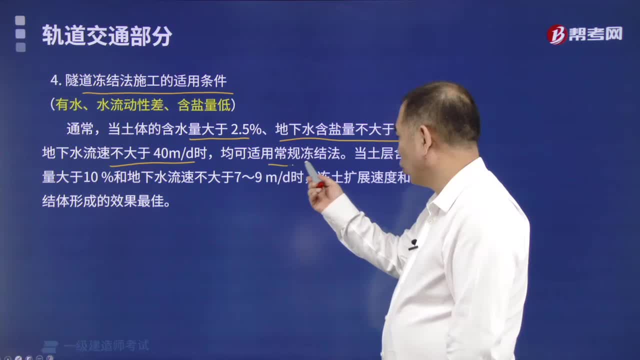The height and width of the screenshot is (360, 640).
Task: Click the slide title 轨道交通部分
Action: (107, 36)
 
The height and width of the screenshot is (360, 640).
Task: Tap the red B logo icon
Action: (556, 34)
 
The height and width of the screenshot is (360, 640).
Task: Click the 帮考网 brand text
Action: (595, 34)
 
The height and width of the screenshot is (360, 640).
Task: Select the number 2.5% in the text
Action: (246, 129)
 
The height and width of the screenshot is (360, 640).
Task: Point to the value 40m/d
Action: (173, 153)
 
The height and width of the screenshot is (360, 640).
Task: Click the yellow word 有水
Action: (67, 104)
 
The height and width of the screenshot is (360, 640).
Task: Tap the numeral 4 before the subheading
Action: (53, 81)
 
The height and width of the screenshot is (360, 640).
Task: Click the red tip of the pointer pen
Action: (320, 184)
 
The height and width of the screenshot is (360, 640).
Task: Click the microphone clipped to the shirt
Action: (413, 244)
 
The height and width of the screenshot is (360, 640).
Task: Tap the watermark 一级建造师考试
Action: (106, 345)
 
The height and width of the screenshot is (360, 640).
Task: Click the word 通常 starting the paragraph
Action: (80, 129)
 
